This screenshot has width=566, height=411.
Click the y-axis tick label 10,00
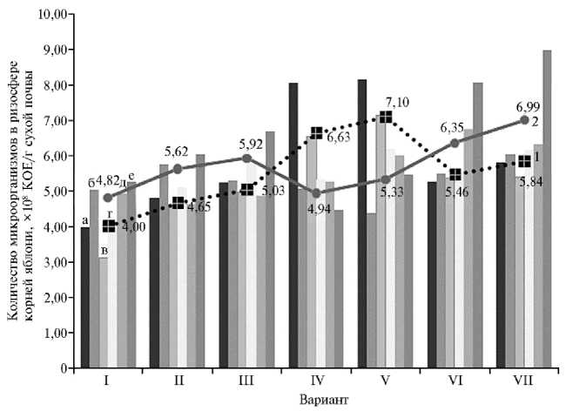(x=51, y=15)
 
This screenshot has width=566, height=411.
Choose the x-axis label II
(x=179, y=381)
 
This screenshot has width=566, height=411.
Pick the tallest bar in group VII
(x=547, y=209)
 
